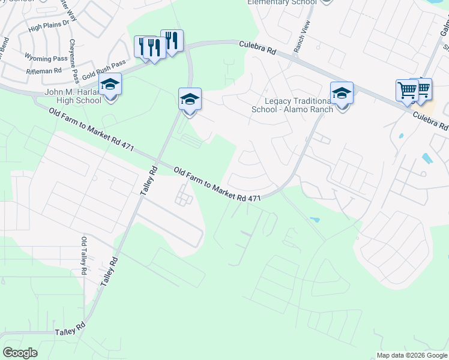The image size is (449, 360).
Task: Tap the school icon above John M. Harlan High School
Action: pyautogui.click(x=110, y=84)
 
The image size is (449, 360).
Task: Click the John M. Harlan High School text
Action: pyautogui.click(x=73, y=96)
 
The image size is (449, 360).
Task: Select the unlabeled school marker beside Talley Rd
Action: pyautogui.click(x=190, y=99)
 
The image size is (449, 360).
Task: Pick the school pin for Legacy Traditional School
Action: pyautogui.click(x=342, y=93)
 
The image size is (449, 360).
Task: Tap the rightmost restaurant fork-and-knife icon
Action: pyautogui.click(x=172, y=40)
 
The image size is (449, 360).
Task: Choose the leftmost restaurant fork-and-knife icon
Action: pyautogui.click(x=145, y=45)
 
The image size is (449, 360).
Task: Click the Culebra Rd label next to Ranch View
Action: pyautogui.click(x=257, y=48)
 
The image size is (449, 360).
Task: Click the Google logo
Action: pyautogui.click(x=20, y=353)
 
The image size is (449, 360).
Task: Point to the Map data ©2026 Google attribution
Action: pyautogui.click(x=411, y=355)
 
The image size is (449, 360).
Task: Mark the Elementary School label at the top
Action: pyautogui.click(x=282, y=2)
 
